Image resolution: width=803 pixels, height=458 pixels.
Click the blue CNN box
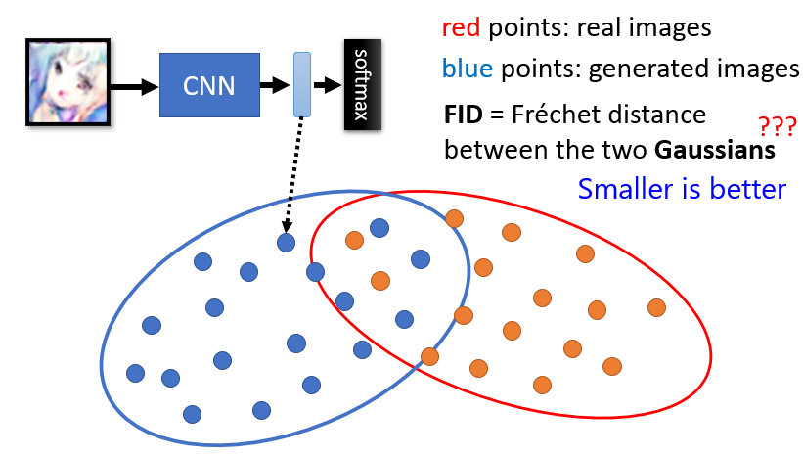208,86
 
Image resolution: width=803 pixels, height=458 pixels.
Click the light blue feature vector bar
302,86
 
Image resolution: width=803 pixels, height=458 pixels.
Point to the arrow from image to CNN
133,86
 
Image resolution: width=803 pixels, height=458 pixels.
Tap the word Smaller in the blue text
622,188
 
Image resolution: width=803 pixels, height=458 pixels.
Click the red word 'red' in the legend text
461,28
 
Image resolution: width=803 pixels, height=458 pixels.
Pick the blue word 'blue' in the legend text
465,69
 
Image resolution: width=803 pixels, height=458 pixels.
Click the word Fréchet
558,115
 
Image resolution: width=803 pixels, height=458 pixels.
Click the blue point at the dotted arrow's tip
286,242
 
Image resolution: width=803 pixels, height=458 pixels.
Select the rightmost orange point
655,307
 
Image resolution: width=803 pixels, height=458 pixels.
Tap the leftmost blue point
135,373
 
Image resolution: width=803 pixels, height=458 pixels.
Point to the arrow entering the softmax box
327,86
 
